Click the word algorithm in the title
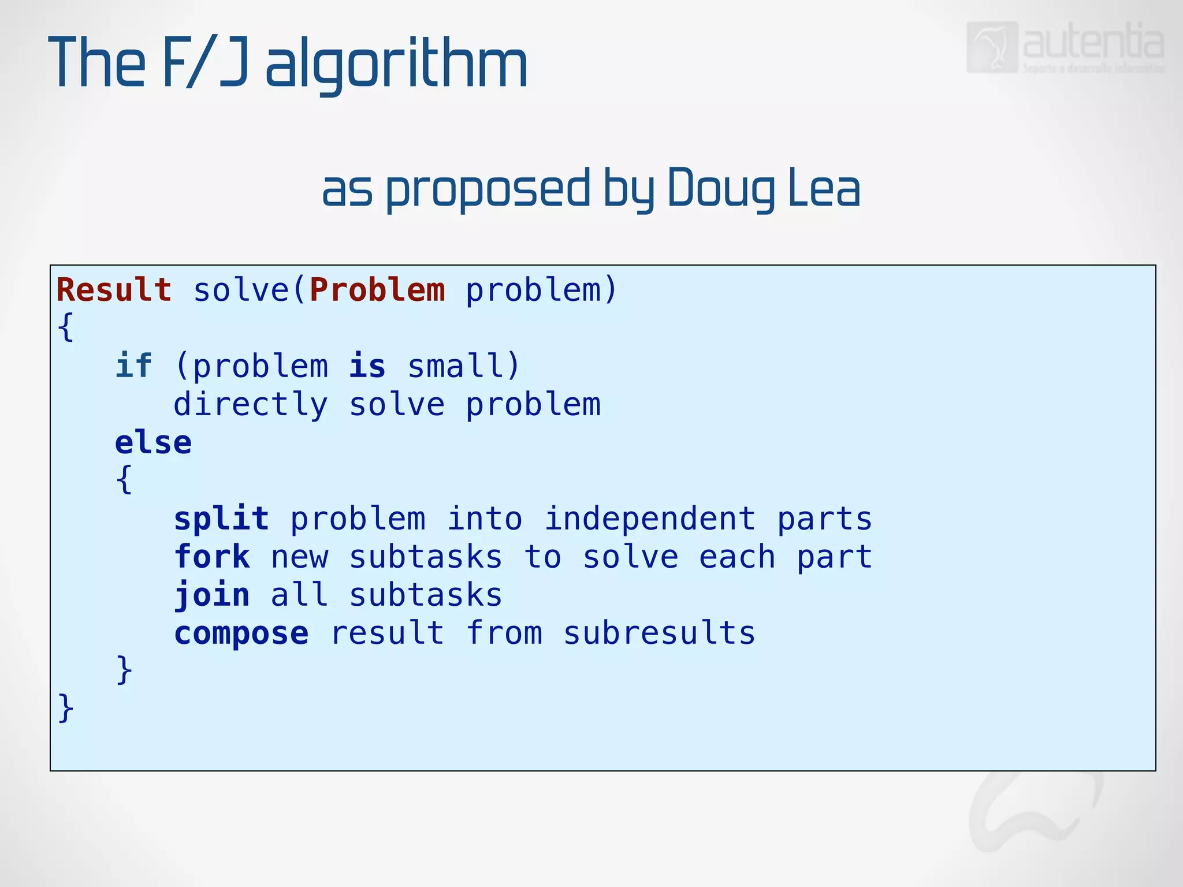pos(396,64)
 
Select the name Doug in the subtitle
pos(721,188)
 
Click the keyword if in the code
pos(133,366)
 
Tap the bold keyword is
pos(367,366)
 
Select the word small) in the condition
pos(464,366)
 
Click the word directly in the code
pos(251,404)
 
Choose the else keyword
pos(153,443)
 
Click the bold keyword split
pos(221,518)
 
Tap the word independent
pos(650,518)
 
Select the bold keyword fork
pos(212,557)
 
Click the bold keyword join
pos(212,595)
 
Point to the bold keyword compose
pos(241,633)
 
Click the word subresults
pos(659,633)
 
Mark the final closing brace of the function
pos(66,707)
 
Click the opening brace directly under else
pos(124,480)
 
